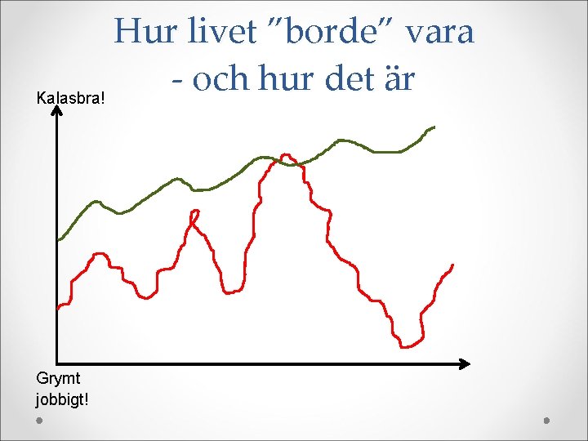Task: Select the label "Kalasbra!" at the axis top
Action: [73, 99]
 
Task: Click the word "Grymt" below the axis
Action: [57, 377]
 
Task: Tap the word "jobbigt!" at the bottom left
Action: [63, 400]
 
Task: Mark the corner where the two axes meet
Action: [57, 363]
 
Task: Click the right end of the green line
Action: [434, 127]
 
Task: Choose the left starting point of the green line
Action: [59, 239]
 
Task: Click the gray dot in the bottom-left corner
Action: [40, 421]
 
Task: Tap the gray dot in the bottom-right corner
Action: [547, 421]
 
